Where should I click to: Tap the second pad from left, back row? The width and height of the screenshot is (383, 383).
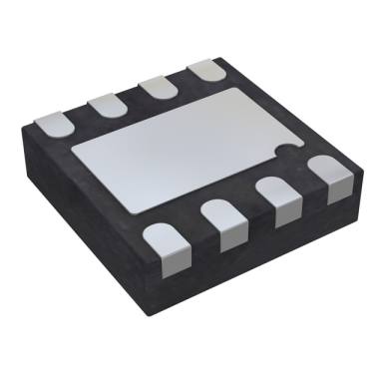tap(103, 103)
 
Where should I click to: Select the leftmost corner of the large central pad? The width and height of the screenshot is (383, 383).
tap(66, 149)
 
